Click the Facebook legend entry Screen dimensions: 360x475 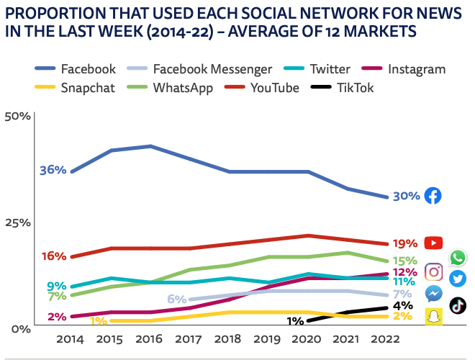click(x=76, y=69)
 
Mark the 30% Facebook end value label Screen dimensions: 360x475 click(x=406, y=197)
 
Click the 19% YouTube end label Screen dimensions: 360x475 click(x=405, y=243)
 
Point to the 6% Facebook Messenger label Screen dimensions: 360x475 click(x=177, y=299)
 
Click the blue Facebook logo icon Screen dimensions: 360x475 click(x=433, y=196)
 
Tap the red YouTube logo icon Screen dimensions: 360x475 click(x=433, y=243)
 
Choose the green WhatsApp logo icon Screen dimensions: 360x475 click(x=458, y=257)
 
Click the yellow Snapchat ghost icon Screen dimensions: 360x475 click(x=433, y=317)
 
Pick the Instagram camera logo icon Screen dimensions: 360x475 click(x=433, y=271)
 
